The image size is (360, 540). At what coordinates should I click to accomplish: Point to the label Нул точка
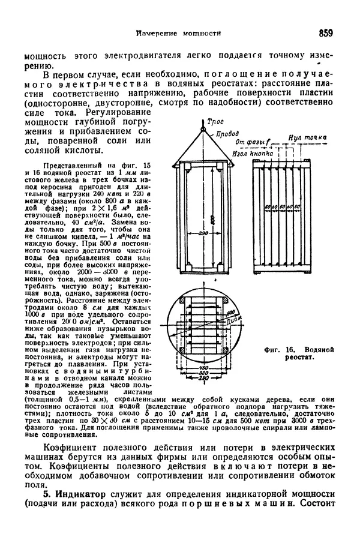pos(308,138)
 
